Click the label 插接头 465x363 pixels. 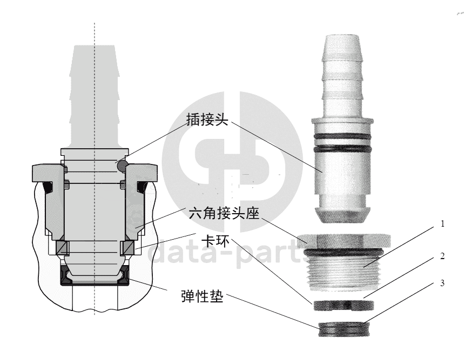pos(207,119)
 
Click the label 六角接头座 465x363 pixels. pos(224,213)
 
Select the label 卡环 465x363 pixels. pos(215,241)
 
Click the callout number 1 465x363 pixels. pos(442,223)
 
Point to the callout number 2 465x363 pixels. pos(442,256)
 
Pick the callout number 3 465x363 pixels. pos(442,283)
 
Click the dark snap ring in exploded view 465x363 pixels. pos(343,306)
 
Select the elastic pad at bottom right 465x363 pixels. pos(344,329)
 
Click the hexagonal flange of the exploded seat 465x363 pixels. pos(344,241)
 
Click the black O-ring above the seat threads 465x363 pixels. pos(343,252)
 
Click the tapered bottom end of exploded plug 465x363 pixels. pos(342,215)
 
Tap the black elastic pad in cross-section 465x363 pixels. pos(95,276)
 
